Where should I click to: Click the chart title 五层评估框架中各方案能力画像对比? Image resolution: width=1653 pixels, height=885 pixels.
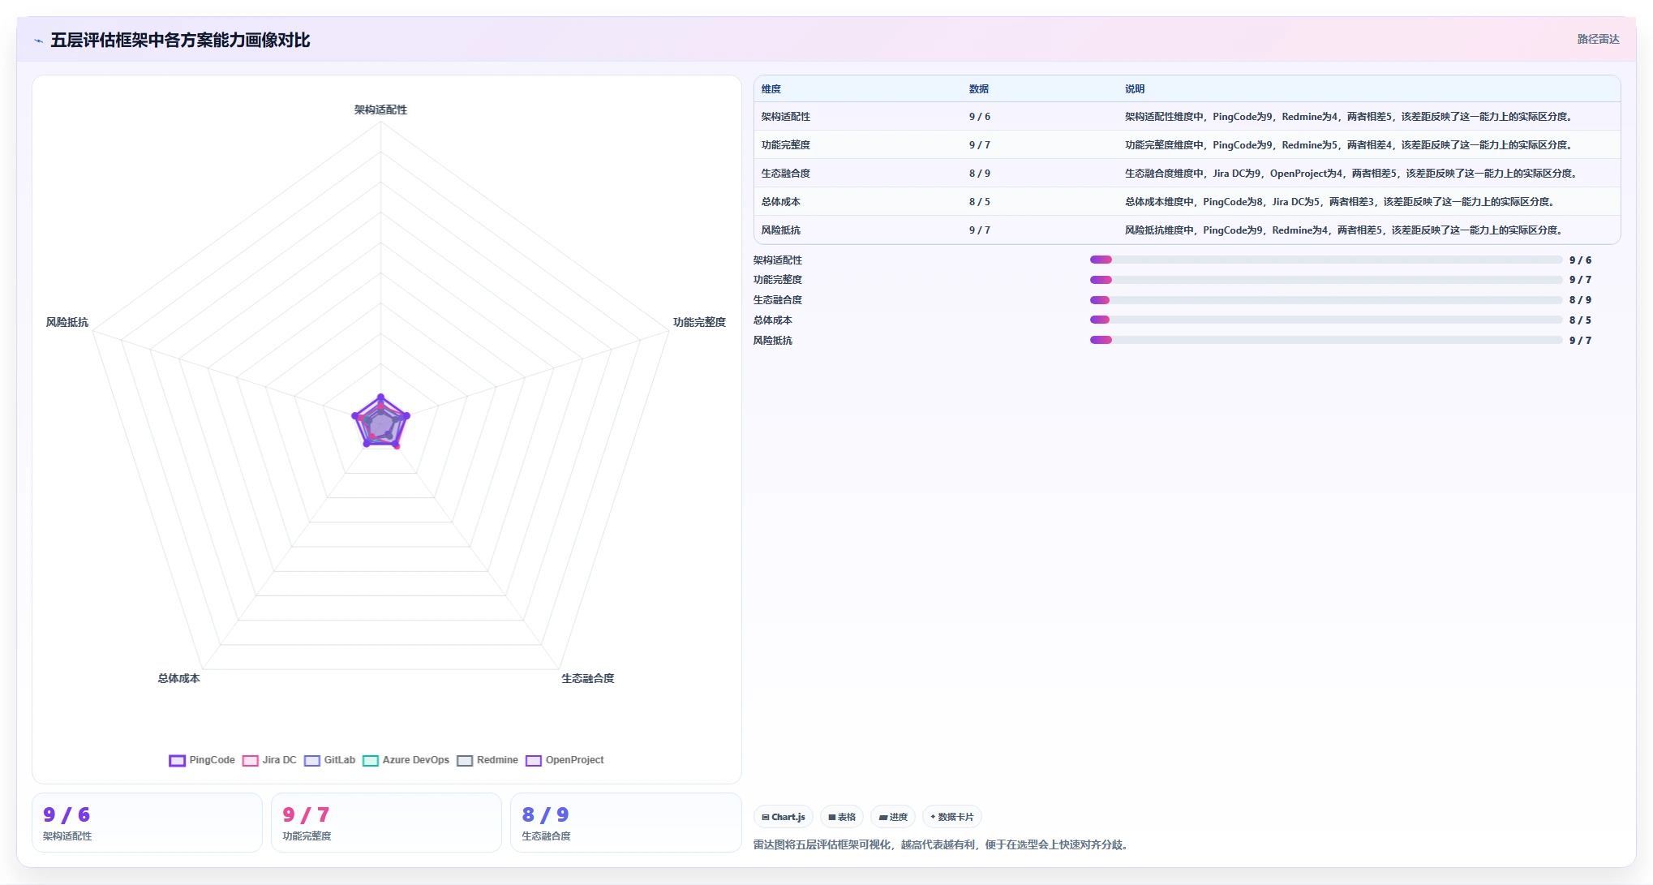tap(180, 40)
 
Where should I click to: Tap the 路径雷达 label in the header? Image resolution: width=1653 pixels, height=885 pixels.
tap(1598, 39)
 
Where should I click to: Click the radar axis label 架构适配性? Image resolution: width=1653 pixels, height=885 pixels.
tap(380, 110)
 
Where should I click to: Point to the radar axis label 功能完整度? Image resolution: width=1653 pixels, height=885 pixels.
tap(699, 322)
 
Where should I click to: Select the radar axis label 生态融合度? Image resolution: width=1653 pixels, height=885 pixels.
tap(588, 678)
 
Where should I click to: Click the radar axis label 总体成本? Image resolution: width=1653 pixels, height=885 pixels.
tap(178, 678)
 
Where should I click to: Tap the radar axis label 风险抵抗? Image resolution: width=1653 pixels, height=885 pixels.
tap(67, 322)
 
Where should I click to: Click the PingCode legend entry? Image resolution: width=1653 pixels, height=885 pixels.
tap(202, 760)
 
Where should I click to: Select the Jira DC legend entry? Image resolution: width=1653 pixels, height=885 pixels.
tap(270, 760)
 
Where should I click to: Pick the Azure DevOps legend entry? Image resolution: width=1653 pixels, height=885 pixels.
tap(406, 760)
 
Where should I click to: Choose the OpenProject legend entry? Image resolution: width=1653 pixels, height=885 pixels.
tap(565, 760)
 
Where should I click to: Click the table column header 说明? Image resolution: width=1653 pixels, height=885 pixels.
tap(1135, 89)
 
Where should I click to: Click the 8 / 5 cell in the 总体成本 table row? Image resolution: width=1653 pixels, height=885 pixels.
tap(979, 202)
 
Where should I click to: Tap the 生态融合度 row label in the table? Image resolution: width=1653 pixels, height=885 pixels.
tap(785, 174)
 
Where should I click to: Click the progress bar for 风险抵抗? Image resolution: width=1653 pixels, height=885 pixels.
tap(1326, 340)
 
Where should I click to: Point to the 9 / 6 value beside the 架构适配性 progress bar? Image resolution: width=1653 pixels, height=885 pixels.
tap(1580, 260)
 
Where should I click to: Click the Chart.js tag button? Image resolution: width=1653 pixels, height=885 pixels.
tap(784, 817)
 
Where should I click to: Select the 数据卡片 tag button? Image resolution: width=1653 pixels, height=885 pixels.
tap(951, 817)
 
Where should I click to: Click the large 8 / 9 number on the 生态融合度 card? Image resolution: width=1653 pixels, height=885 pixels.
tap(545, 814)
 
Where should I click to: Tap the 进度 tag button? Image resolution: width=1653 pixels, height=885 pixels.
tap(893, 817)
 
